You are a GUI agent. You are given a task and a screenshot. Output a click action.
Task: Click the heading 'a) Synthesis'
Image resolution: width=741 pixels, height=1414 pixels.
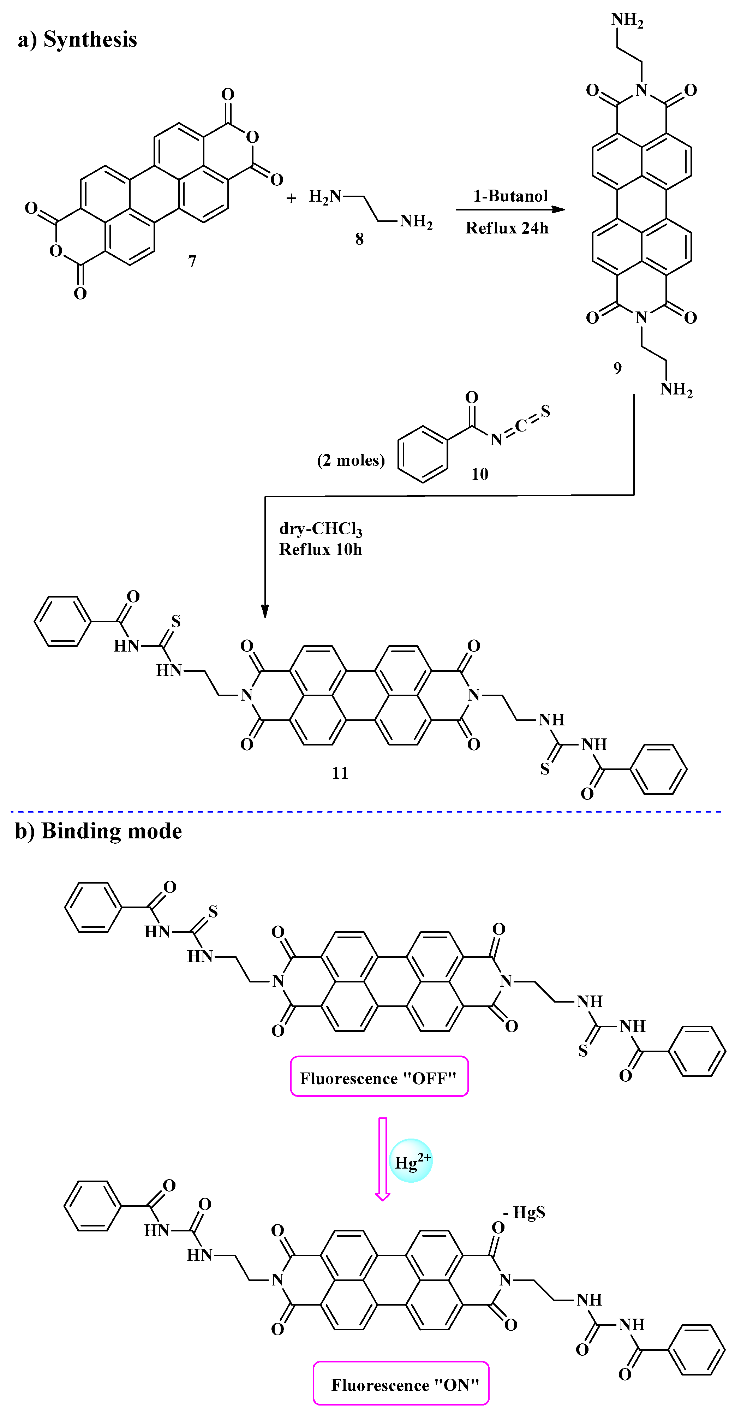tap(77, 40)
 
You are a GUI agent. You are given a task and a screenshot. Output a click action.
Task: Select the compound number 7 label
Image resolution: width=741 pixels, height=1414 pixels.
tap(192, 261)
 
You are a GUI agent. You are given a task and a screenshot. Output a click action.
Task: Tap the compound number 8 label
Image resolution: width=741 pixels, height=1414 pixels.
tap(359, 239)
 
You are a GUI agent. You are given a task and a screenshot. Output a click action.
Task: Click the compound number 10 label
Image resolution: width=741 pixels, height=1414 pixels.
tap(480, 474)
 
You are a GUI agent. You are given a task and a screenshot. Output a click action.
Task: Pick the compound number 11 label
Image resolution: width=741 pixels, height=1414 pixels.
tap(340, 773)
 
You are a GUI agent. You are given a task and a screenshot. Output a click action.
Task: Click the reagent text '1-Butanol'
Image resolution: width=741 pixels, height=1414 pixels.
tap(510, 196)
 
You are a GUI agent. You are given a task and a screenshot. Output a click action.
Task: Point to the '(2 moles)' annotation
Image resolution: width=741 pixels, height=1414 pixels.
tap(351, 460)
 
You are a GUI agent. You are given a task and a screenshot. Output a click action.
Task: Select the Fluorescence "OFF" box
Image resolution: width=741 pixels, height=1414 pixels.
tap(379, 1078)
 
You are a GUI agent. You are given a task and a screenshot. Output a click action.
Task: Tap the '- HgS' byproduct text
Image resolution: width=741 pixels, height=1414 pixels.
tap(524, 1212)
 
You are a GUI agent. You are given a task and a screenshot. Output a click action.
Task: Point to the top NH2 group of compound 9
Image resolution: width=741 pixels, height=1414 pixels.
tap(627, 20)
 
